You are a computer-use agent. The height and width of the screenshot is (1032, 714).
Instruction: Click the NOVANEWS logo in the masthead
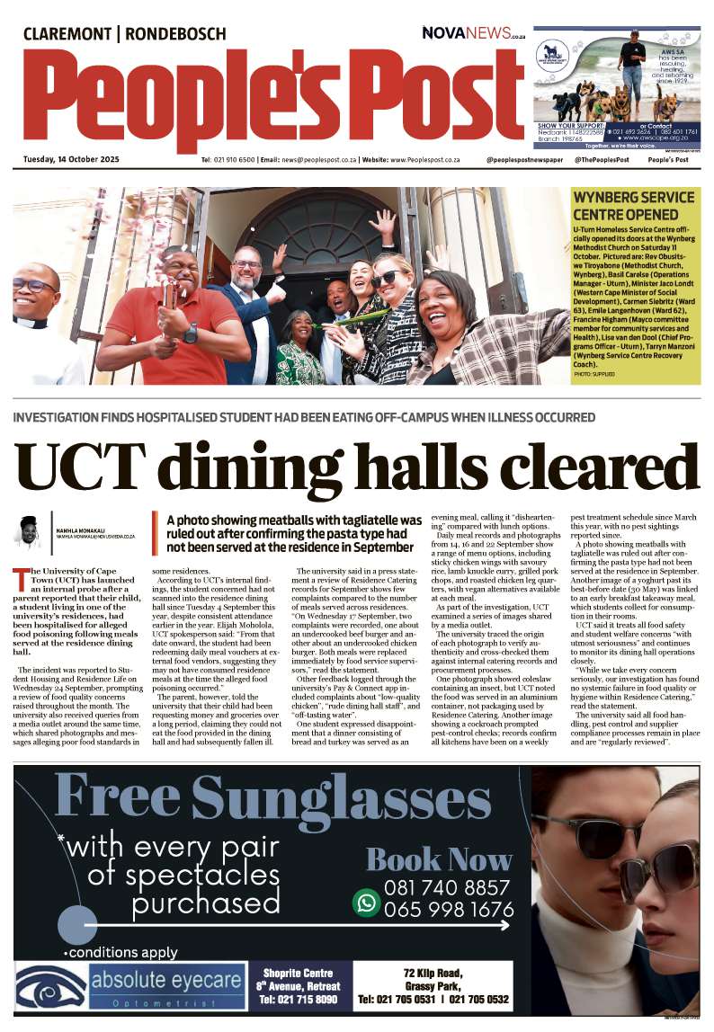click(473, 32)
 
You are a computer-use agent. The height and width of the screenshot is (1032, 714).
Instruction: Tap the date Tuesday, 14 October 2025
click(71, 159)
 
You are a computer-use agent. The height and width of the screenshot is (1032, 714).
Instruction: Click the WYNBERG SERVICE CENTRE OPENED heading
click(633, 206)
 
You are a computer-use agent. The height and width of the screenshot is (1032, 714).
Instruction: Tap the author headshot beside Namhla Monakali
click(29, 531)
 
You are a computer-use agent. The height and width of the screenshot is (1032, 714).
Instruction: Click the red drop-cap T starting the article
click(21, 577)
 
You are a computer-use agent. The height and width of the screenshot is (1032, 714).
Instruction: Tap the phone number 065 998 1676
click(448, 910)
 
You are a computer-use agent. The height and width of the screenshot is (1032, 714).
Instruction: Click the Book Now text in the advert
click(438, 859)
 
